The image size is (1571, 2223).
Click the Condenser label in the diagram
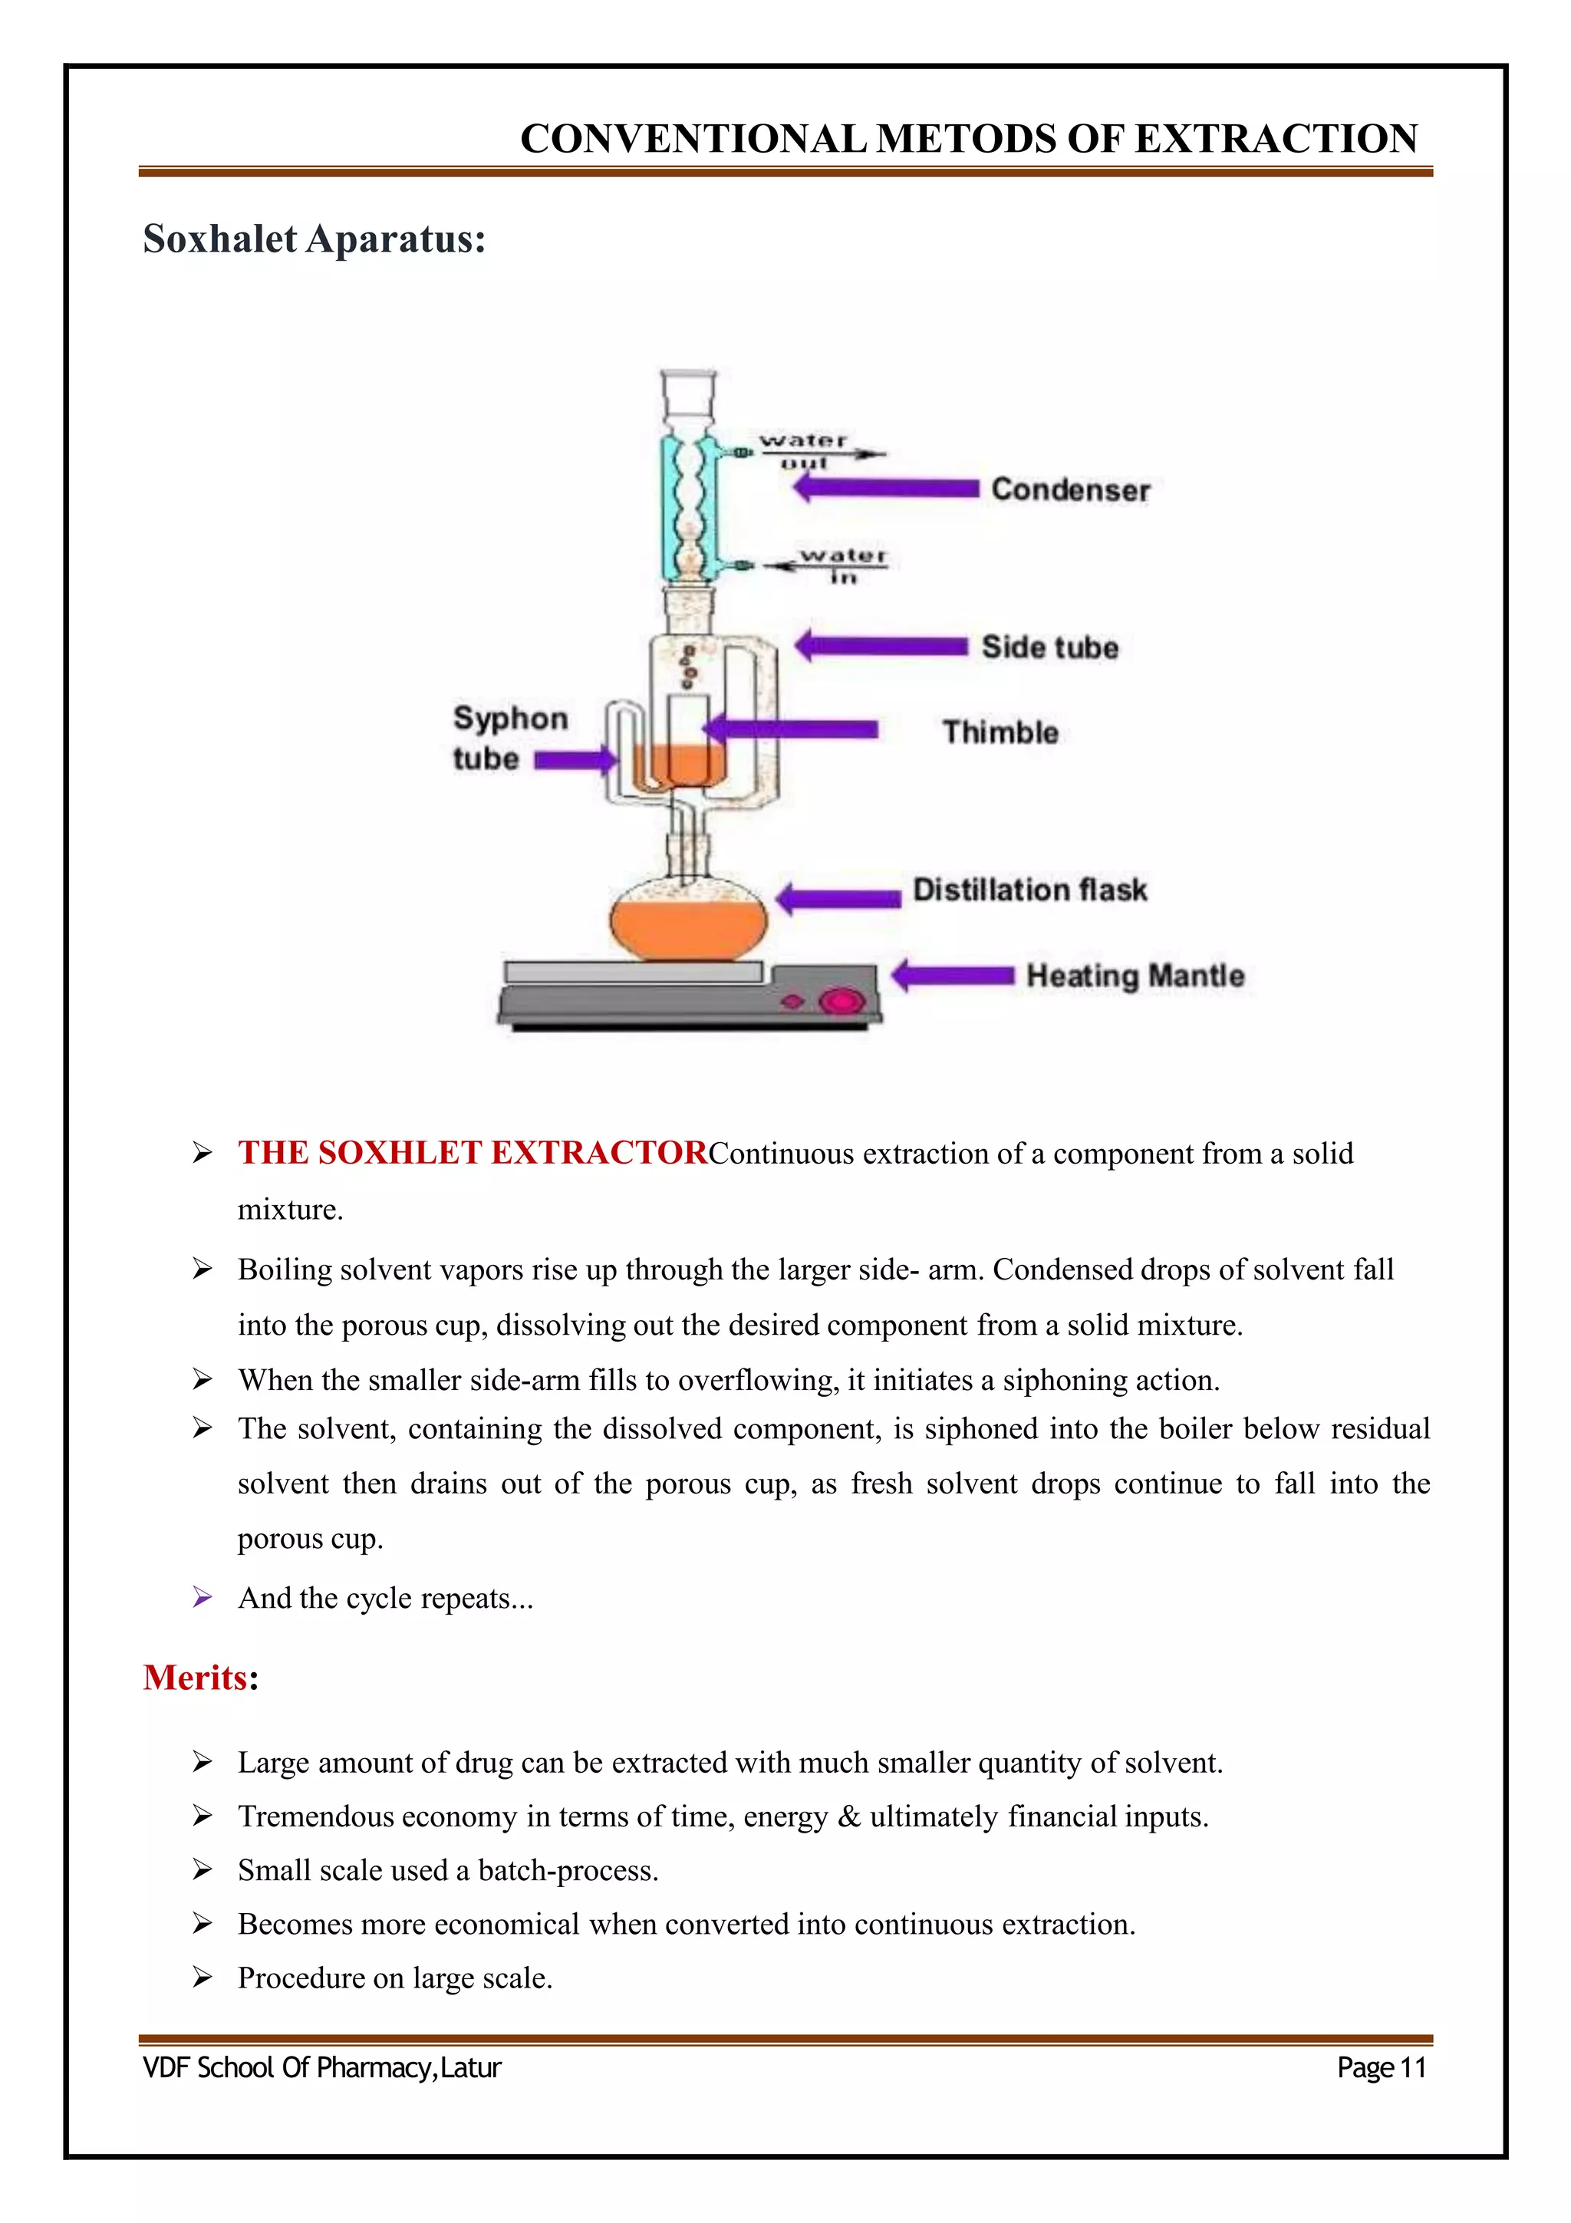1069,490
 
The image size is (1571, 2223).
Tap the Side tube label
1049,647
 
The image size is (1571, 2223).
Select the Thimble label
1000,732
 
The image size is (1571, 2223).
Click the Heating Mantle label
1135,975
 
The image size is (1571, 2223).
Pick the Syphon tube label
509,738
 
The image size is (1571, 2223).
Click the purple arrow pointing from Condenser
886,487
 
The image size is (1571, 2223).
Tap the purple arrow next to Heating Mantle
953,975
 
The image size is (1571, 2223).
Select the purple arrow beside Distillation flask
838,897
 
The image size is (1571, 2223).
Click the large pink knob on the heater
840,1001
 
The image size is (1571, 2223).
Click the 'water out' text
803,451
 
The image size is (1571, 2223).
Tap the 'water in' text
842,565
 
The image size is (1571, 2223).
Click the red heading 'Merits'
195,1677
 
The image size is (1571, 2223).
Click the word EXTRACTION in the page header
1276,138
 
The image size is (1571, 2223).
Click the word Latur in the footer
470,2067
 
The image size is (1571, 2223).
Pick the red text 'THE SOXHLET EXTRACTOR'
473,1152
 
